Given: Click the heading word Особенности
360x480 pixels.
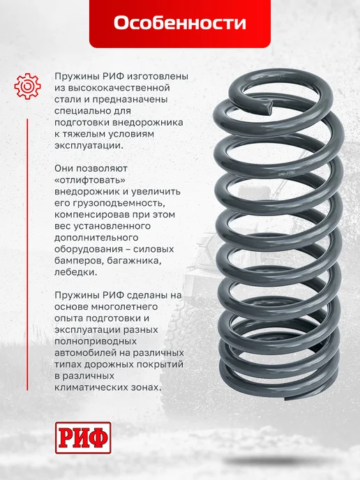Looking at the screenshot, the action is click(x=180, y=23).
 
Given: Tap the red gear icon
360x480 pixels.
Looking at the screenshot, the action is click(x=27, y=86).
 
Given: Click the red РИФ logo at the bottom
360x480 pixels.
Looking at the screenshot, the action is click(x=83, y=437).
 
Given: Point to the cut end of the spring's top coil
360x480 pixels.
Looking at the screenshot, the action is click(x=269, y=107).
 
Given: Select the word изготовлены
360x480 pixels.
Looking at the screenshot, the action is click(x=156, y=76).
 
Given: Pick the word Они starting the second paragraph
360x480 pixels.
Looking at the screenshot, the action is click(x=63, y=168).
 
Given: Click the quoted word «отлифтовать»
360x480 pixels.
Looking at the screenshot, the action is click(x=90, y=180).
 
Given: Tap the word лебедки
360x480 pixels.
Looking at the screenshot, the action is click(x=75, y=273).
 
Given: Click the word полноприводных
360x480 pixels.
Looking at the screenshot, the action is click(x=96, y=341).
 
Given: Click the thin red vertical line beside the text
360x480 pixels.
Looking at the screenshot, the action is click(x=27, y=255).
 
